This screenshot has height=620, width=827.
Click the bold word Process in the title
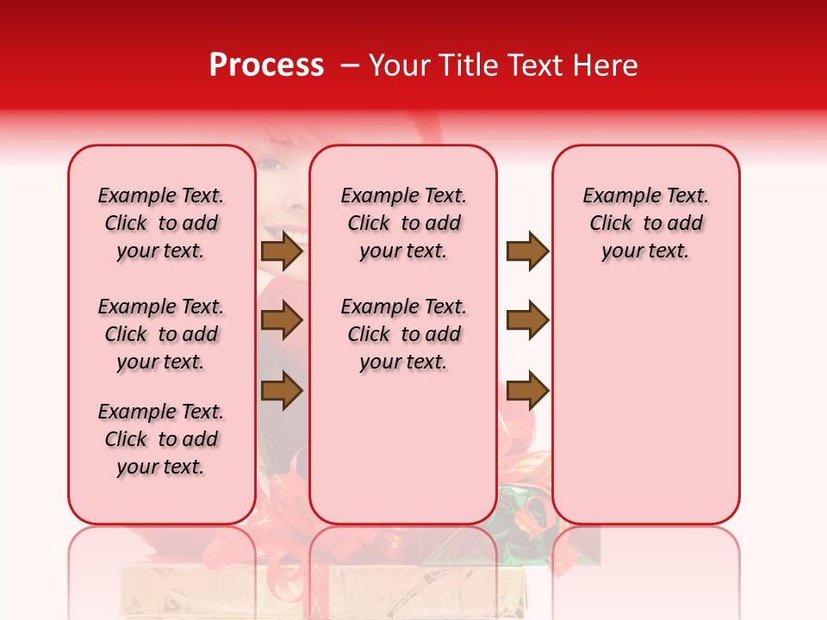266,65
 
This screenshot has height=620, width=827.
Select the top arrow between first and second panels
282,251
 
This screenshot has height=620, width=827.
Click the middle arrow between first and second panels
282,321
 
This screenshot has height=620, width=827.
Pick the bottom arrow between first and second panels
282,391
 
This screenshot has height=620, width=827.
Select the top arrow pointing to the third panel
527,251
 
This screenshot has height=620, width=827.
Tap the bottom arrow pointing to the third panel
527,391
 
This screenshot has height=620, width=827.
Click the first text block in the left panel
161,223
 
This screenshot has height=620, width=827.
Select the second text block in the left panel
161,334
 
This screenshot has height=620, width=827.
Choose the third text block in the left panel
161,439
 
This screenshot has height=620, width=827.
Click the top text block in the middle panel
403,223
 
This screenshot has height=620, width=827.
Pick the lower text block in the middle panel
403,334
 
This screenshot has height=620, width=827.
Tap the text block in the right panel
645,223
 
